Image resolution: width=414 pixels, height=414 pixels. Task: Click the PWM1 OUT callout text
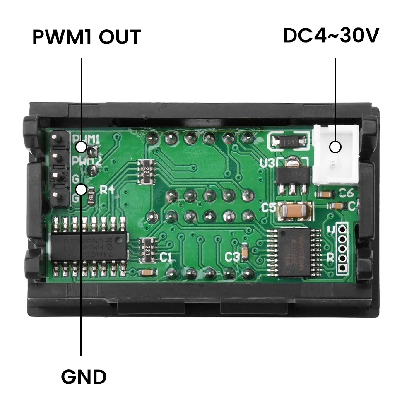[x=87, y=37]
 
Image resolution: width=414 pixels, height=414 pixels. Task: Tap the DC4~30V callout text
[x=331, y=36]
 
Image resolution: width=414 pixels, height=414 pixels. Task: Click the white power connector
[x=335, y=155]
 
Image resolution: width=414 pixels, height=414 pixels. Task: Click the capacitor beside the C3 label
[x=245, y=251]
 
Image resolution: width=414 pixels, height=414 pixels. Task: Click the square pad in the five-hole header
[x=342, y=269]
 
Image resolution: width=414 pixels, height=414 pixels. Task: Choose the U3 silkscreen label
[x=267, y=163]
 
